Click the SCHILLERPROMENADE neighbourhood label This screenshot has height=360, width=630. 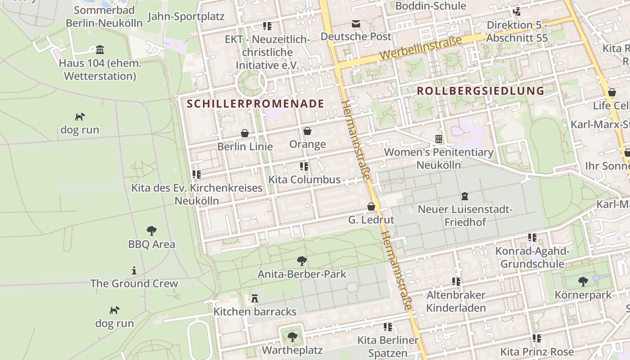(x=255, y=103)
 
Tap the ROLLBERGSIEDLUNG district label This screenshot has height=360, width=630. (x=480, y=90)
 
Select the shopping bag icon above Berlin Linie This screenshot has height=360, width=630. (x=245, y=133)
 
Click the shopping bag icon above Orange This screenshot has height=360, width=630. (x=307, y=131)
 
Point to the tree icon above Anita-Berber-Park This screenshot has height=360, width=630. (x=302, y=261)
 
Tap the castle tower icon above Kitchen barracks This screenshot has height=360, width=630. (x=255, y=298)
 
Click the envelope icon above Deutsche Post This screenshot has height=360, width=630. (x=356, y=23)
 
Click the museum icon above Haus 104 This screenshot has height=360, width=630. (x=100, y=49)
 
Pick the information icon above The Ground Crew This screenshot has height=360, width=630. (x=134, y=270)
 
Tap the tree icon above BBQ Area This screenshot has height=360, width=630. (x=152, y=231)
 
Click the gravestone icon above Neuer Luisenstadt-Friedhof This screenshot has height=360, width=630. (x=465, y=196)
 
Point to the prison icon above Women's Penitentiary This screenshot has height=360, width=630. (x=438, y=139)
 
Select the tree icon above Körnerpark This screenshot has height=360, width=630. (x=583, y=282)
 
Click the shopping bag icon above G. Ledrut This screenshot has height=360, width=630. (x=371, y=207)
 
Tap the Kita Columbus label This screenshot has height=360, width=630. (x=304, y=180)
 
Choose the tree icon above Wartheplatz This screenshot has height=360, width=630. (x=292, y=337)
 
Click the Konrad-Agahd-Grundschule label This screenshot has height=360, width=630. (x=532, y=257)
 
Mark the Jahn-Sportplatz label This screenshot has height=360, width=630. (x=186, y=17)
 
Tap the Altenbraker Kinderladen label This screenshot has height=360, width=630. (x=456, y=301)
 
